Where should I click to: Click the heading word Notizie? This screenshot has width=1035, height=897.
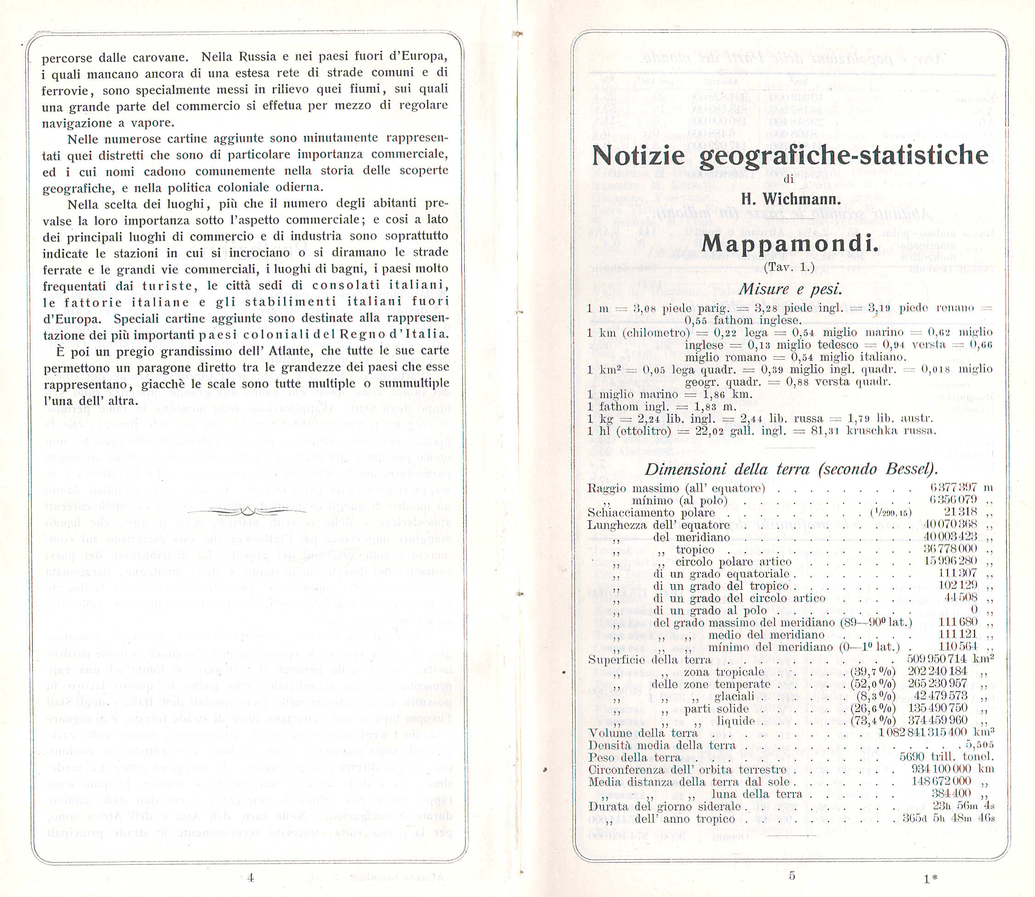pyautogui.click(x=638, y=156)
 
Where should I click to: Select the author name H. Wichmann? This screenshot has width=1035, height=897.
pyautogui.click(x=791, y=199)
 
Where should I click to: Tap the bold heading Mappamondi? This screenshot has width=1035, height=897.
pyautogui.click(x=790, y=244)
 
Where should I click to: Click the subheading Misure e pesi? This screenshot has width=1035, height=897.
pyautogui.click(x=790, y=289)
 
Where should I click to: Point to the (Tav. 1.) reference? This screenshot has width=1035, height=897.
pyautogui.click(x=789, y=267)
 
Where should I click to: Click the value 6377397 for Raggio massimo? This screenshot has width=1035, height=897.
pyautogui.click(x=954, y=488)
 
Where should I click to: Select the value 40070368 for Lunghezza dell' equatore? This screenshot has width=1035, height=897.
pyautogui.click(x=950, y=524)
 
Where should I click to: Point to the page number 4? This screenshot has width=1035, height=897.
pyautogui.click(x=251, y=878)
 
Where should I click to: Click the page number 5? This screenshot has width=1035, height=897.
pyautogui.click(x=792, y=875)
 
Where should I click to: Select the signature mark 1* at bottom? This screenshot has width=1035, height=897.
pyautogui.click(x=931, y=879)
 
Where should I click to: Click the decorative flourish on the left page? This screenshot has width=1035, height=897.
pyautogui.click(x=247, y=511)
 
